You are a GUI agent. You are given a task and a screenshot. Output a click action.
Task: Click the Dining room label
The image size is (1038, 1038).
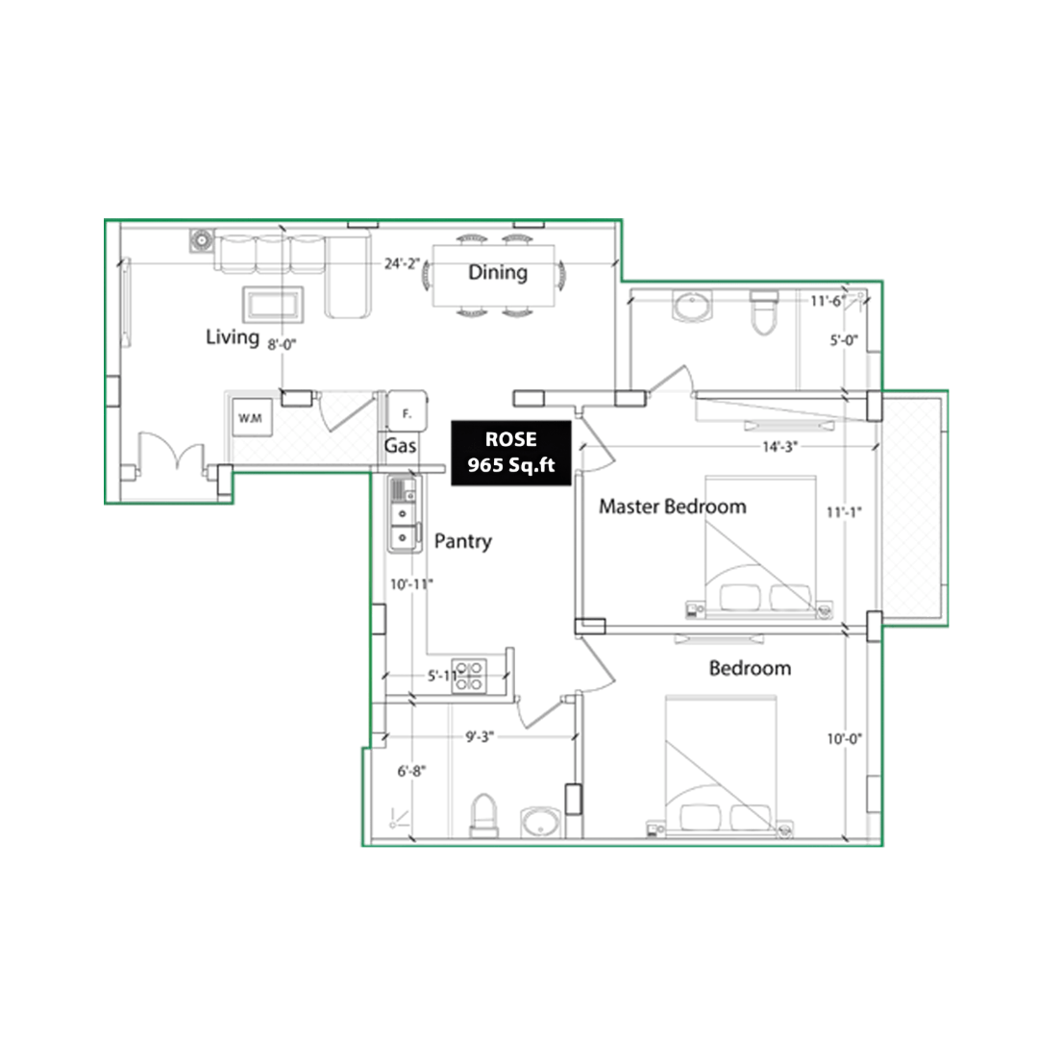pos(498,272)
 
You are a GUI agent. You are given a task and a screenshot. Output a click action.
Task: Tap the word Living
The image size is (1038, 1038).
pos(233,337)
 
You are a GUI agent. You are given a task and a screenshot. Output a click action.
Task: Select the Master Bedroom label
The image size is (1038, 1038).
pos(673,507)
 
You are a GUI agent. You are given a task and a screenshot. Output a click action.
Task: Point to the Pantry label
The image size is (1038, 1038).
pos(462,541)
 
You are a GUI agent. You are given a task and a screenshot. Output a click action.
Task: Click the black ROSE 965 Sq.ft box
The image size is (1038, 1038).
pos(511,453)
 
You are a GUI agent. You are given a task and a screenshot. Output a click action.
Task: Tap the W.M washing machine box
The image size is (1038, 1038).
pos(251,417)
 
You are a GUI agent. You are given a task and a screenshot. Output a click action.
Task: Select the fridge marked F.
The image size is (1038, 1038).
pos(408,412)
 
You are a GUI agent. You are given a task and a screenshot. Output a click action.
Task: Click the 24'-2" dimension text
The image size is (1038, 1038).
pos(402,263)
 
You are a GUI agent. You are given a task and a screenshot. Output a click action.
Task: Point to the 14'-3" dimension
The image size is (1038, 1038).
pos(779,447)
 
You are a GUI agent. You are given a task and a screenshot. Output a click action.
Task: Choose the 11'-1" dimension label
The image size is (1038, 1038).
pos(844,512)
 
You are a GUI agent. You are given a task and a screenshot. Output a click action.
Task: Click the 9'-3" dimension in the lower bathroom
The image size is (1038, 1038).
pos(480,737)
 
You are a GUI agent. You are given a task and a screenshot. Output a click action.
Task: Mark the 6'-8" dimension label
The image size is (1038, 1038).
pos(411,771)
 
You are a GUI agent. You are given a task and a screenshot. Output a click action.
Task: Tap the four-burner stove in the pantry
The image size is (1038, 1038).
pos(469,676)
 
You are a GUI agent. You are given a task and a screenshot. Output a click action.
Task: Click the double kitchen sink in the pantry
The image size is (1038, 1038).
pos(405,514)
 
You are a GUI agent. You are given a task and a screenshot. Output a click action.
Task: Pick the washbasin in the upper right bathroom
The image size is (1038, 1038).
pos(692,307)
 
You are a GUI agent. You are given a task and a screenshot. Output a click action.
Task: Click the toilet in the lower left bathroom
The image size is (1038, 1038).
pos(483,817)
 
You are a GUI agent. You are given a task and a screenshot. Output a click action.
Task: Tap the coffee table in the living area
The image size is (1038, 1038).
pos(273,305)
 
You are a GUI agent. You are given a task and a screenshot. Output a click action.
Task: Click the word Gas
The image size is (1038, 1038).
pos(401,446)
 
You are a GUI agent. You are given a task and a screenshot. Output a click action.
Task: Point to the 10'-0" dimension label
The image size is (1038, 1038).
pos(845,739)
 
